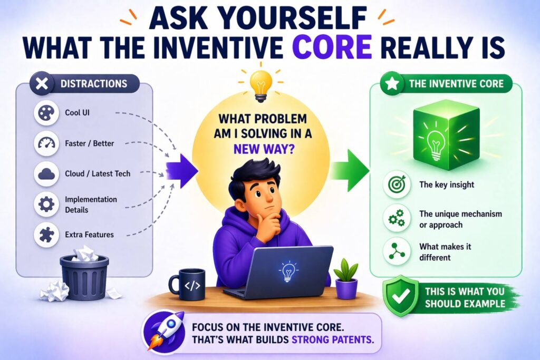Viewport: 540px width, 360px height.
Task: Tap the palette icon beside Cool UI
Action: click(x=46, y=113)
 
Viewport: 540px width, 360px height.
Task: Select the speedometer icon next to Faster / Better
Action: click(x=46, y=143)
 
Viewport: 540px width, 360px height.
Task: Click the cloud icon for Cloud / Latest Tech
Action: click(x=46, y=174)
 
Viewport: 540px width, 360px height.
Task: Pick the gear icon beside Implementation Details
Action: click(x=46, y=205)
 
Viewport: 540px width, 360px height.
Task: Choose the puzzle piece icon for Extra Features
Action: click(x=46, y=235)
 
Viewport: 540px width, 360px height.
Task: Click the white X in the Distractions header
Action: click(x=42, y=84)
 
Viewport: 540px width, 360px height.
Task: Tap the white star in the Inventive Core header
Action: click(x=392, y=84)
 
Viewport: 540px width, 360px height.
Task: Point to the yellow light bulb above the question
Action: click(x=261, y=85)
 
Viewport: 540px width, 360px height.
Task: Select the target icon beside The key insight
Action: click(x=397, y=185)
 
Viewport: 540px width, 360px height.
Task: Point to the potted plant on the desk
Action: click(x=346, y=279)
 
